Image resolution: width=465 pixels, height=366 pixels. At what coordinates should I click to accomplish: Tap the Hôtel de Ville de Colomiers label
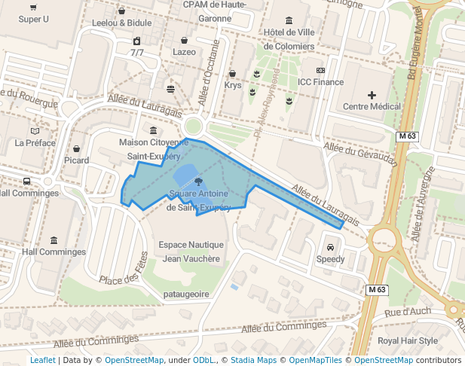click(289, 38)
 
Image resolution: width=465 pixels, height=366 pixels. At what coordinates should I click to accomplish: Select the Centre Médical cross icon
click(372, 95)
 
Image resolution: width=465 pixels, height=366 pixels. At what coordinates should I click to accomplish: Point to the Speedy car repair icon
click(330, 248)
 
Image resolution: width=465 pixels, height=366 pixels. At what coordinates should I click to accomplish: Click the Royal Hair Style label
click(408, 340)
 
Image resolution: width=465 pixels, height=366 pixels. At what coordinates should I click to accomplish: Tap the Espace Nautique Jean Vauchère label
click(191, 252)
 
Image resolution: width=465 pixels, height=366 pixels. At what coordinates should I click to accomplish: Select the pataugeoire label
click(186, 294)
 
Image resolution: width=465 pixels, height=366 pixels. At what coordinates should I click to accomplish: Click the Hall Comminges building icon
click(54, 240)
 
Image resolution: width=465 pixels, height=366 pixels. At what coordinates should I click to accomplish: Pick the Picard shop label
click(76, 160)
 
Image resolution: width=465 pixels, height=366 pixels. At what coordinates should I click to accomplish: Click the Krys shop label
click(233, 85)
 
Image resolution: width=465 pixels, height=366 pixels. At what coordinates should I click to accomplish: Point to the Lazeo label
click(184, 52)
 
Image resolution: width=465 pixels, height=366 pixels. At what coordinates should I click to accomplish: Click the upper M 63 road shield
click(407, 136)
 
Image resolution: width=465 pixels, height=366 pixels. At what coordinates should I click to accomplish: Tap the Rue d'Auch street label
click(408, 311)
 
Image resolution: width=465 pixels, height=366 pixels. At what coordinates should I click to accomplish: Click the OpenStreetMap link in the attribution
click(134, 361)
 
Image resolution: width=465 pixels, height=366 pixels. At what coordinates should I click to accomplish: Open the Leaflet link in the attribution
click(43, 361)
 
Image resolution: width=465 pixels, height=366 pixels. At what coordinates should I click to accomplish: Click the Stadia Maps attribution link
click(252, 361)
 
